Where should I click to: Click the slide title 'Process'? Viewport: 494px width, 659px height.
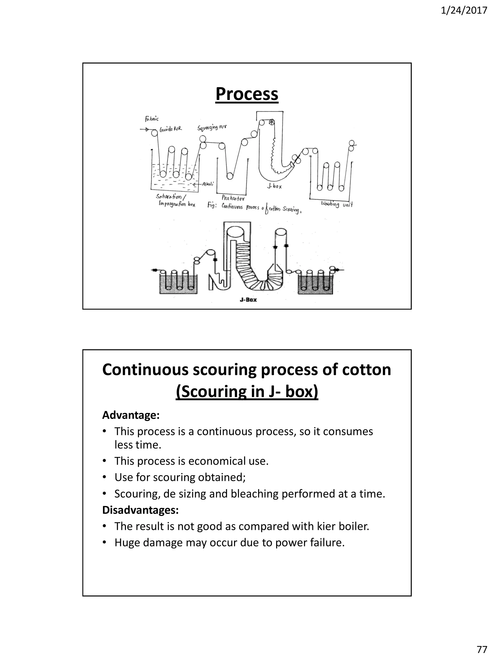pyautogui.click(x=247, y=94)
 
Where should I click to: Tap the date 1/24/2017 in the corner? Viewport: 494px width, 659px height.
pyautogui.click(x=464, y=11)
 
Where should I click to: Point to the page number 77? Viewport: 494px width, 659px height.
pyautogui.click(x=482, y=649)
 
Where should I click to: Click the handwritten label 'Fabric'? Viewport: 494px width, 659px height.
pyautogui.click(x=152, y=119)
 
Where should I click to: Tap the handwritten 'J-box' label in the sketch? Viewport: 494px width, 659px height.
pyautogui.click(x=274, y=187)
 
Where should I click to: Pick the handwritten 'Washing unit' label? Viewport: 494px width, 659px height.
pyautogui.click(x=337, y=204)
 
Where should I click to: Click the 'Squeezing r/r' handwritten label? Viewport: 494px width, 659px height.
pyautogui.click(x=212, y=128)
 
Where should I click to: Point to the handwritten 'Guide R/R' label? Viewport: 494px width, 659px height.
pyautogui.click(x=171, y=129)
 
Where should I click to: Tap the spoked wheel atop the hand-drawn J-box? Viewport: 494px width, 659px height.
pyautogui.click(x=272, y=122)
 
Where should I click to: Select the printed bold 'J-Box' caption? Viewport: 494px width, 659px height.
pyautogui.click(x=248, y=300)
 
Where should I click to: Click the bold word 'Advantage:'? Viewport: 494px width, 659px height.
pyautogui.click(x=131, y=415)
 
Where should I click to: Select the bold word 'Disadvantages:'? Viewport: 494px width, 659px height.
pyautogui.click(x=140, y=510)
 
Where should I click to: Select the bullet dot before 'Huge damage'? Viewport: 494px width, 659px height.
pyautogui.click(x=104, y=542)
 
